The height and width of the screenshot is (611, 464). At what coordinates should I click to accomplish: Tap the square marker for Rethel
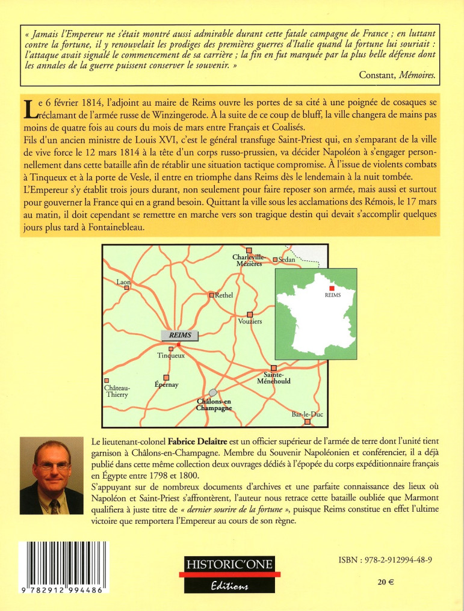[211, 295]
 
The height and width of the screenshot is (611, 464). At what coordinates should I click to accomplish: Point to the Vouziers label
[250, 322]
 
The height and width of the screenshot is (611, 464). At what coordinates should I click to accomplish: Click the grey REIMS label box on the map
[180, 335]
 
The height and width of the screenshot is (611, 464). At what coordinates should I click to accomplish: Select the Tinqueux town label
[170, 355]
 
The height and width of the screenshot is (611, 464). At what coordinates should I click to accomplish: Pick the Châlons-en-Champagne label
[214, 404]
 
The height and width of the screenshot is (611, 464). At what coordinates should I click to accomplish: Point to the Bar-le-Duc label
[303, 414]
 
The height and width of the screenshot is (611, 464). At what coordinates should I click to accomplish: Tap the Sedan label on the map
[288, 260]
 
